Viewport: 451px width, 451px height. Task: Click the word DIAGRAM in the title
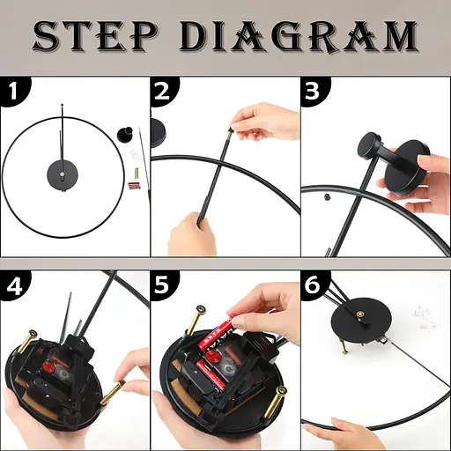(299, 36)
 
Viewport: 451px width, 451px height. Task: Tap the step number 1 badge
(14, 91)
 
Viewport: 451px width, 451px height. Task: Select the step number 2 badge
(164, 91)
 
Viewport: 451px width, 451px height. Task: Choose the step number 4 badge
(14, 286)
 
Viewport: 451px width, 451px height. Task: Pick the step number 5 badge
(164, 286)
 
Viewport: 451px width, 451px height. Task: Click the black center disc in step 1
(63, 175)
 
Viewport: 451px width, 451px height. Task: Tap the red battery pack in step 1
(135, 186)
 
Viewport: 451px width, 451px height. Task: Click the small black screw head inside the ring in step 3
(325, 196)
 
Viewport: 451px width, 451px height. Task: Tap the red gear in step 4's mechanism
(47, 366)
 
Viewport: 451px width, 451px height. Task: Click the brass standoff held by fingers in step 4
(113, 393)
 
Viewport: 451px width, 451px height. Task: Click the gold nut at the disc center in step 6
(361, 315)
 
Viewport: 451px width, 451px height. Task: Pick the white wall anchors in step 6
(424, 320)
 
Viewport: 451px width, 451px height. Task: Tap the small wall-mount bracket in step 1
(125, 135)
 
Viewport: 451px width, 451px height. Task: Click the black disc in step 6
(361, 321)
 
